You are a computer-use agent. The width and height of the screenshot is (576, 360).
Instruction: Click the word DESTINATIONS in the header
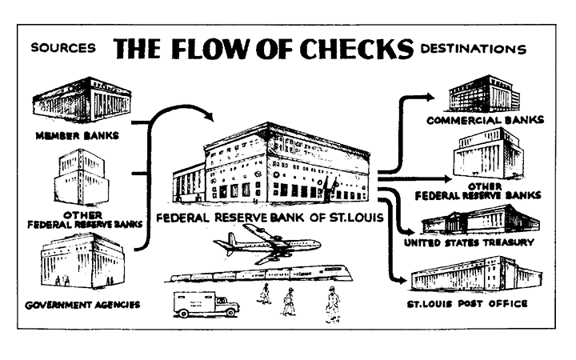click(x=474, y=49)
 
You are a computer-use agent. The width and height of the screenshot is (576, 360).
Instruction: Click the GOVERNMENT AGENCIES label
click(x=82, y=304)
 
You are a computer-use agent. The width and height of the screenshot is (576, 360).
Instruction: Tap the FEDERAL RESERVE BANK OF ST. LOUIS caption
click(x=270, y=217)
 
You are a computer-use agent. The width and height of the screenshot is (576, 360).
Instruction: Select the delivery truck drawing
click(x=206, y=304)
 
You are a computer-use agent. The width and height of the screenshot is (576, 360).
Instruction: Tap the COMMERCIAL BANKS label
click(x=485, y=121)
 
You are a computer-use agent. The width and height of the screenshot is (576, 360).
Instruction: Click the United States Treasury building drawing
click(x=482, y=220)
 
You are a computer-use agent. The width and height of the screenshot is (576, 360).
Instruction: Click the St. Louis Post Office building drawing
click(x=478, y=274)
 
